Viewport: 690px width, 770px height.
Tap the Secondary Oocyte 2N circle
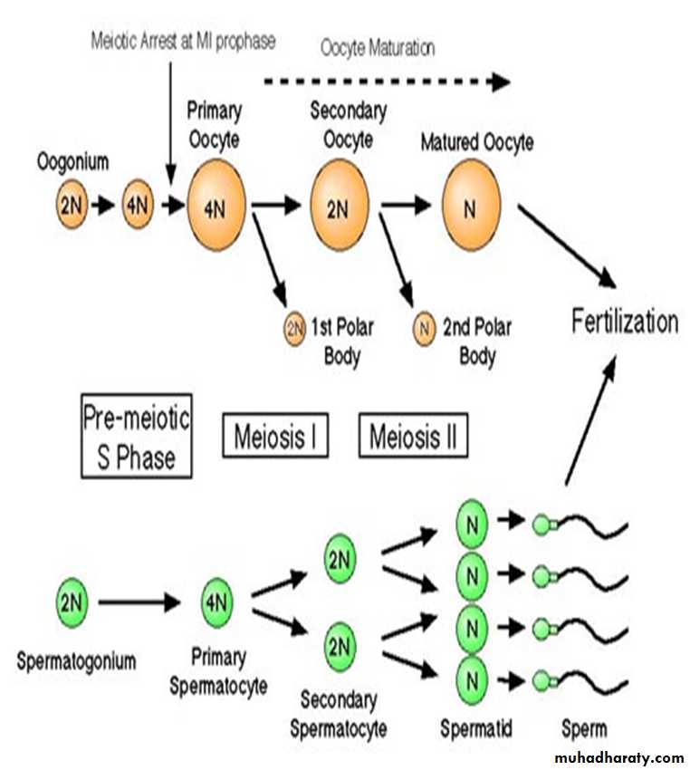[x=338, y=207]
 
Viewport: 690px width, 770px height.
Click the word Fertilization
[x=624, y=322]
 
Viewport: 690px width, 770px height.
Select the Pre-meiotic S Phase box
[x=137, y=435]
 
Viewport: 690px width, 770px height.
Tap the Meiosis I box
[x=275, y=437]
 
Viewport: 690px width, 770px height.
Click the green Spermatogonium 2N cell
[x=71, y=600]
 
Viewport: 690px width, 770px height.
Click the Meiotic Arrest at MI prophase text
[x=183, y=41]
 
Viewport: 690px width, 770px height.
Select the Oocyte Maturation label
[x=379, y=47]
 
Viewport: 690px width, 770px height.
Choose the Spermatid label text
[x=477, y=727]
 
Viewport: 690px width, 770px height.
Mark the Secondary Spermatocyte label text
[x=339, y=715]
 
